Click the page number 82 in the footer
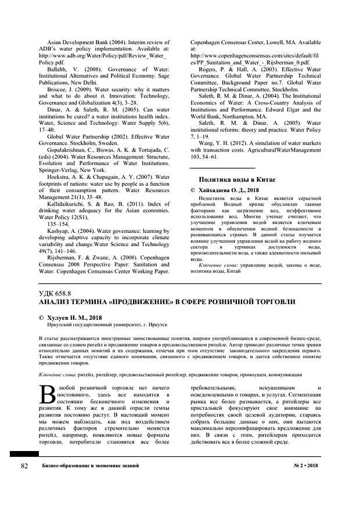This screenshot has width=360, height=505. click(24, 466)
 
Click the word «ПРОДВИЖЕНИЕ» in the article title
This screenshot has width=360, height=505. click(135, 303)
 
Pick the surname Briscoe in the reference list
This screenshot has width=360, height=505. click(58, 91)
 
